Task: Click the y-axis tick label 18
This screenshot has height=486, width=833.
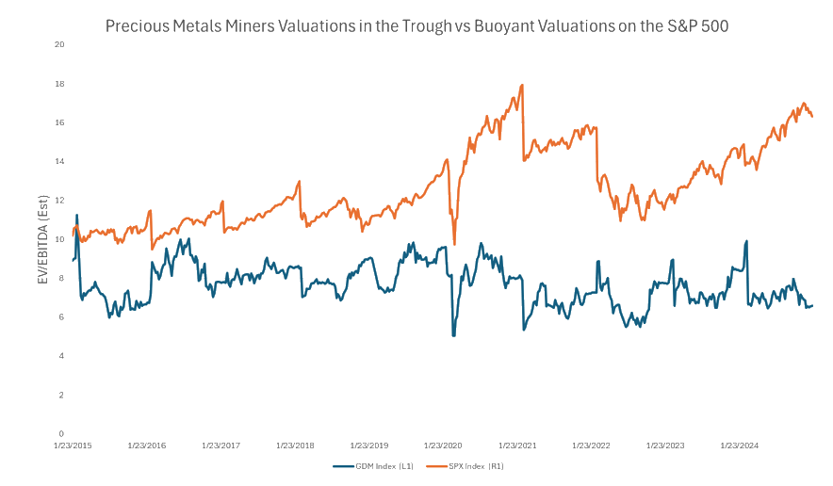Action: (x=58, y=84)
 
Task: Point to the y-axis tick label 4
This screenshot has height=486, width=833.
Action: (x=61, y=356)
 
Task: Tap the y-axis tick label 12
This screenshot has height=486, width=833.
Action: (x=58, y=201)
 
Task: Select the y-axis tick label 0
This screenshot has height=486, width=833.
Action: (x=61, y=433)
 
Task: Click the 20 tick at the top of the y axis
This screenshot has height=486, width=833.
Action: (x=58, y=44)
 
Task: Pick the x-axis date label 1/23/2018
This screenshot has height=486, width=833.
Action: (x=295, y=445)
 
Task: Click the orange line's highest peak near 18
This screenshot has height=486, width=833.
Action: (x=522, y=86)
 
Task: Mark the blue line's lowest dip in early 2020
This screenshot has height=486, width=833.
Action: (x=454, y=335)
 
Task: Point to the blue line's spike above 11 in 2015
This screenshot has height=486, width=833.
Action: (x=77, y=216)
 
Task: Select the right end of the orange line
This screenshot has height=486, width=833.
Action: (x=812, y=116)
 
